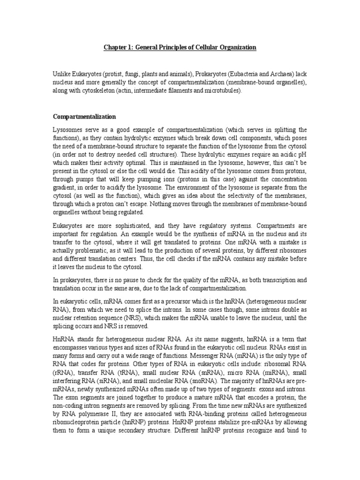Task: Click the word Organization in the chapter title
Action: click(x=235, y=47)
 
